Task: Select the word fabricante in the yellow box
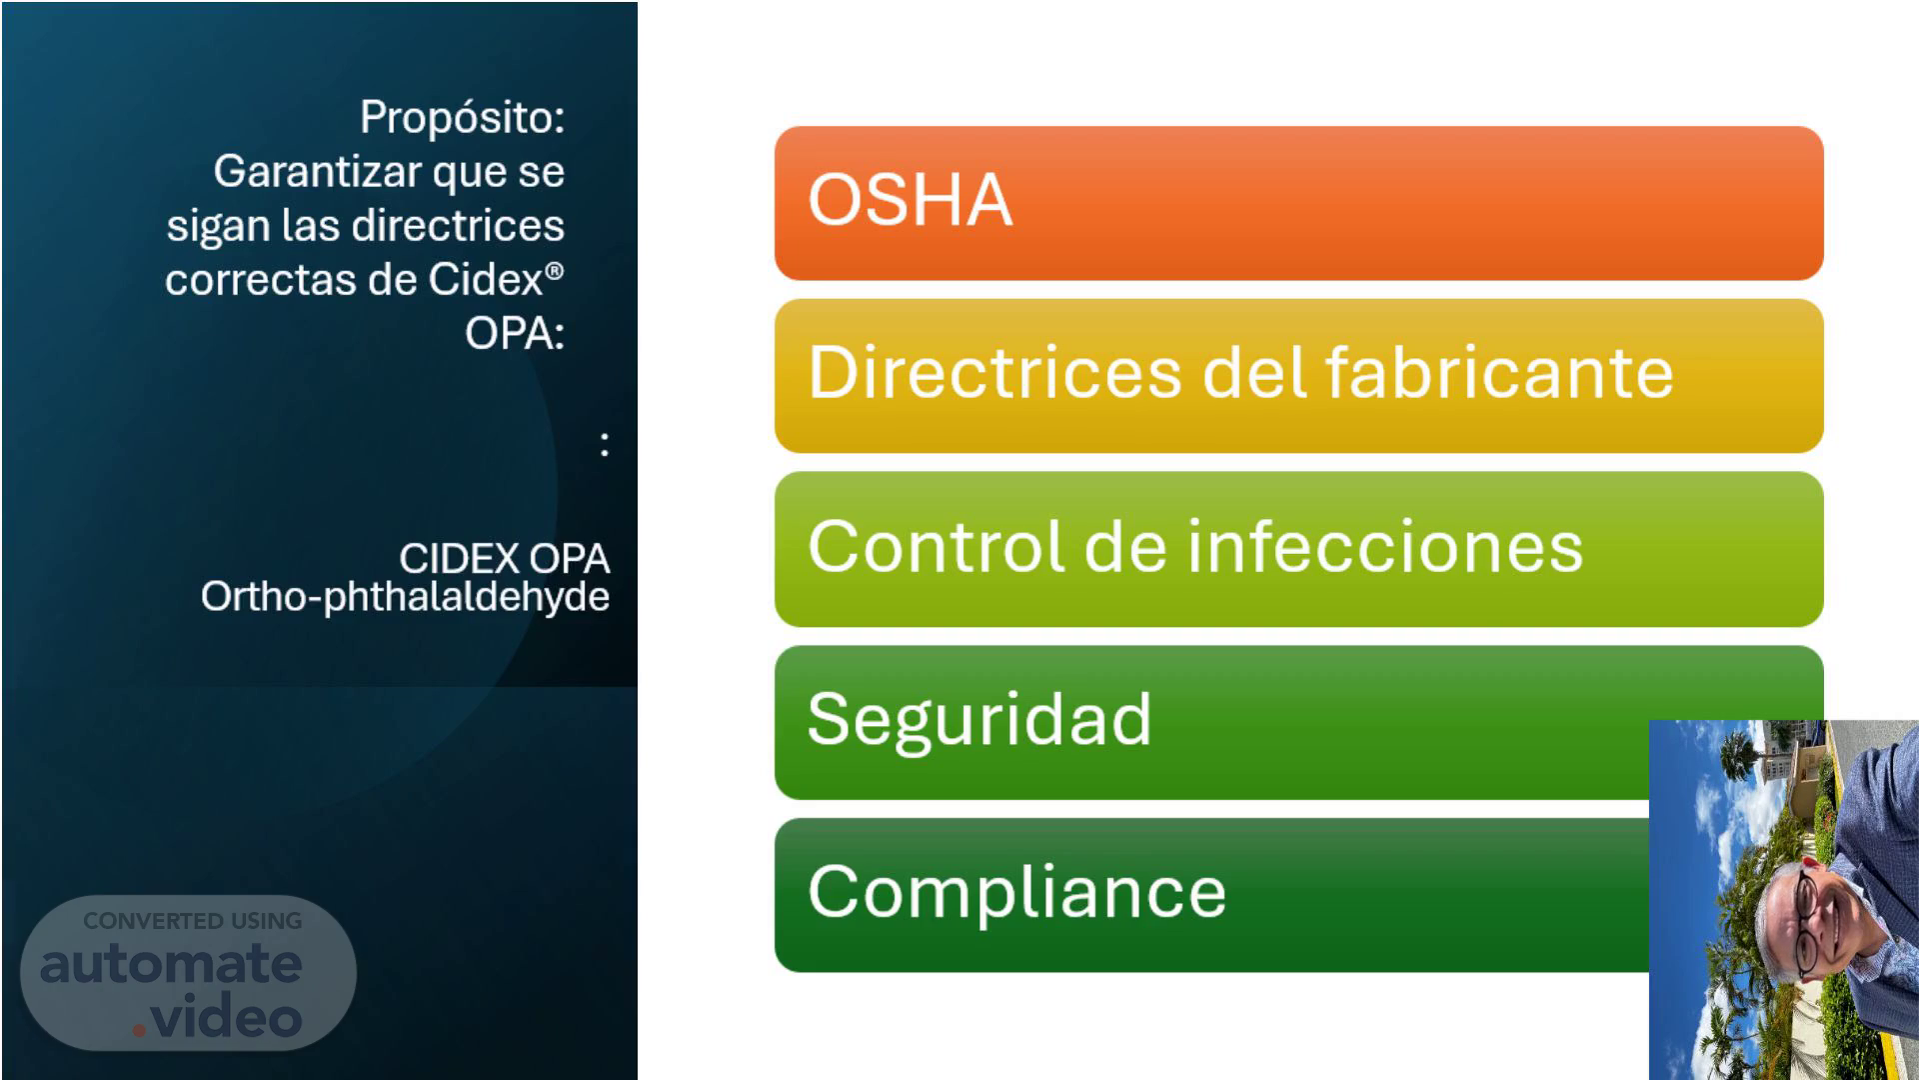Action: [1499, 372]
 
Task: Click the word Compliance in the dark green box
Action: [1016, 893]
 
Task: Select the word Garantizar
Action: [317, 171]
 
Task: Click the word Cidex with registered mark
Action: [496, 279]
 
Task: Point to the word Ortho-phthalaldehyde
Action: [405, 597]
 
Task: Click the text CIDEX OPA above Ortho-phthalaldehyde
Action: [504, 558]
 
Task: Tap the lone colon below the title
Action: [605, 444]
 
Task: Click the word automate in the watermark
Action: [171, 963]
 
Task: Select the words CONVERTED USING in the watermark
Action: [192, 921]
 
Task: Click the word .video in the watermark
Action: [217, 1018]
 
